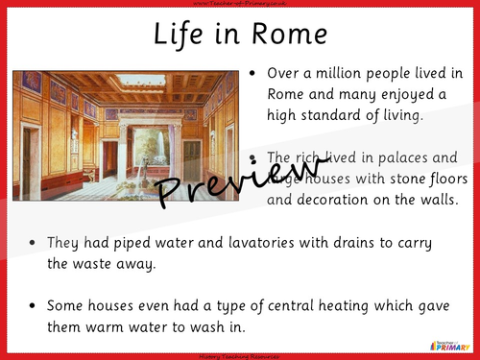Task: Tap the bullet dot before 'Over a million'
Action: tap(251, 73)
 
